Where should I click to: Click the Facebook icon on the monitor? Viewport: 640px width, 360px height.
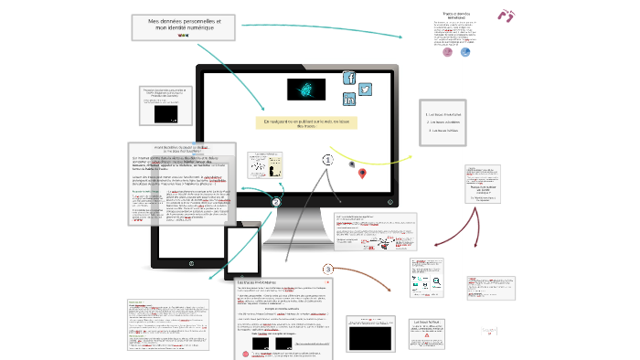pyautogui.click(x=348, y=78)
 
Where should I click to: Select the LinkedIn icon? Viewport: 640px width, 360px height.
pyautogui.click(x=349, y=100)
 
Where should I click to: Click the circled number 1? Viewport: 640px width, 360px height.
pyautogui.click(x=328, y=159)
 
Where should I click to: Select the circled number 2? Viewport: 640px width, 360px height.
pyautogui.click(x=276, y=202)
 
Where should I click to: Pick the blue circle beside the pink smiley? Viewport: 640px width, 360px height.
pyautogui.click(x=466, y=52)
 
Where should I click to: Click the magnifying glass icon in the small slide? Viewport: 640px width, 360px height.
pyautogui.click(x=437, y=284)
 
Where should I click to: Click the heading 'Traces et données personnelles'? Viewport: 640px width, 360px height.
pyautogui.click(x=454, y=16)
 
